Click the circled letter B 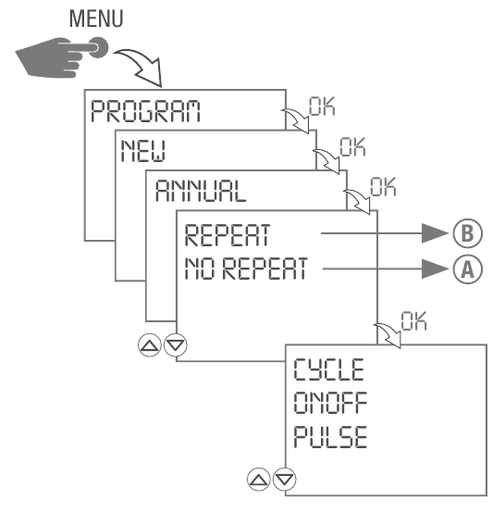coord(465,233)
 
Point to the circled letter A coord(465,269)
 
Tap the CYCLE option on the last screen coord(330,369)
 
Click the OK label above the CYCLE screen coord(414,319)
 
